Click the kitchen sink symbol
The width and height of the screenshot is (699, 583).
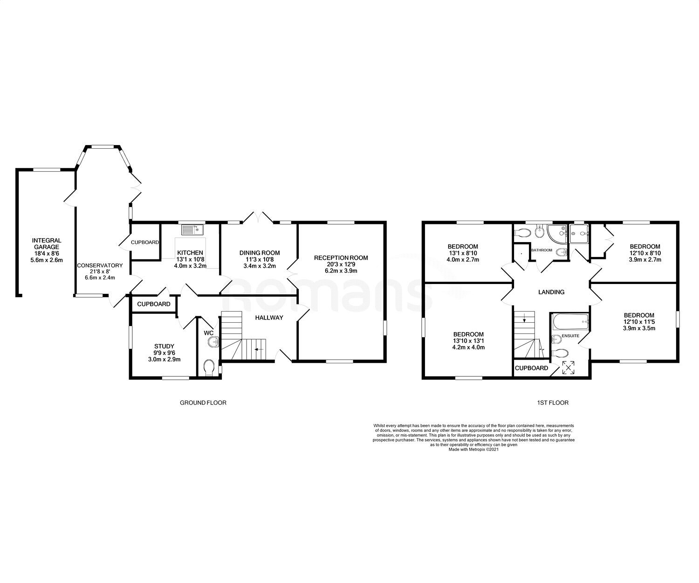[192, 229]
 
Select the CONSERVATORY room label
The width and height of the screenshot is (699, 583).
[100, 265]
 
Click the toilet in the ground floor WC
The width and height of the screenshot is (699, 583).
[209, 367]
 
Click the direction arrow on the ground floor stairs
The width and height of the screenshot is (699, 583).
[256, 349]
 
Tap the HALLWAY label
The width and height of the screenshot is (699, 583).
[269, 318]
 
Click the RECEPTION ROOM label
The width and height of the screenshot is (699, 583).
[341, 257]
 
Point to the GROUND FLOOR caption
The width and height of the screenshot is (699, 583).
[203, 403]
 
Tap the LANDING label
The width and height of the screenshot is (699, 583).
[551, 292]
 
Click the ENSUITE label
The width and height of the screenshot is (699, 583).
[570, 335]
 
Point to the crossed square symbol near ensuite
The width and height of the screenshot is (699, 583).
[569, 368]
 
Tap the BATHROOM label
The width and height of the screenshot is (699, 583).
[541, 250]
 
